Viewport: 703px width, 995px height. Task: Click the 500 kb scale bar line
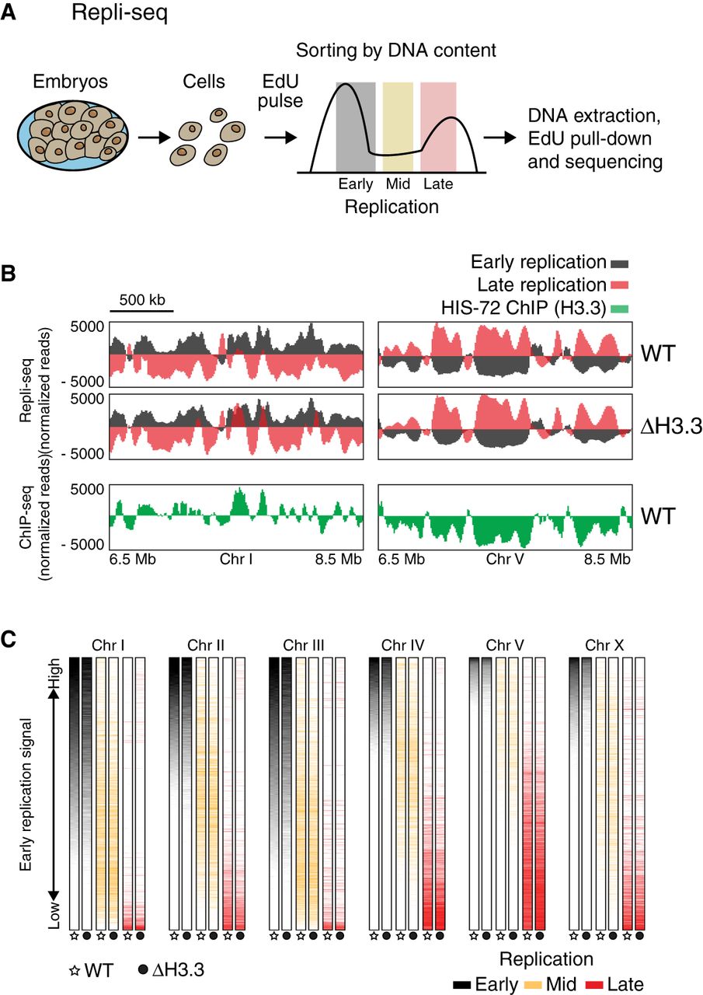pos(141,312)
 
